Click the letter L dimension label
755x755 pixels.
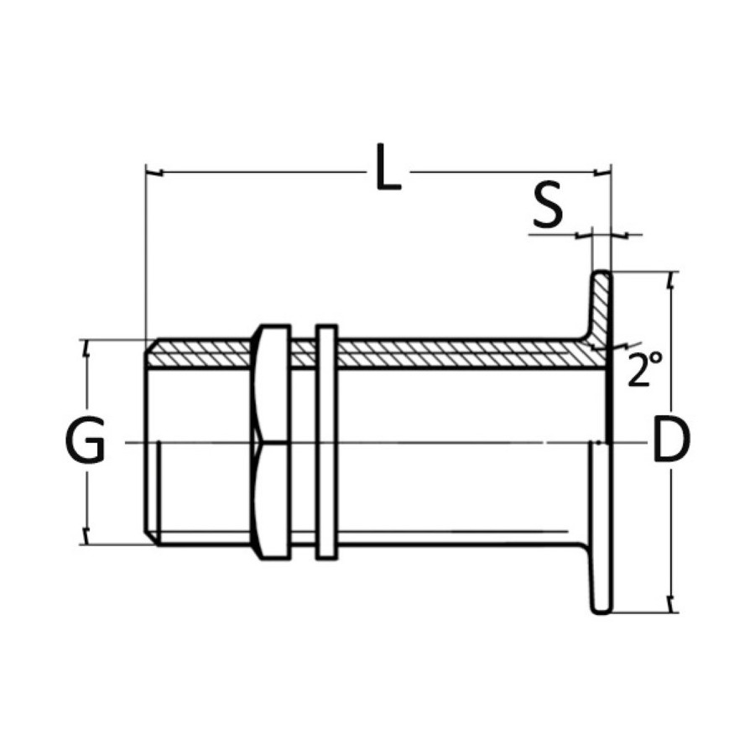pyautogui.click(x=388, y=167)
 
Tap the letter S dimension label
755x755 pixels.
pyautogui.click(x=548, y=204)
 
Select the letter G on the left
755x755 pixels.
pyautogui.click(x=85, y=440)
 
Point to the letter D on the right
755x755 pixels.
pyautogui.click(x=671, y=440)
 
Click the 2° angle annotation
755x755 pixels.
pyautogui.click(x=645, y=368)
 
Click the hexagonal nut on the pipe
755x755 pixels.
pyautogui.click(x=271, y=442)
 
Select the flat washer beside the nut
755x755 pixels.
pyautogui.click(x=326, y=442)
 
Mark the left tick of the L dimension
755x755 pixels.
pyautogui.click(x=154, y=172)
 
